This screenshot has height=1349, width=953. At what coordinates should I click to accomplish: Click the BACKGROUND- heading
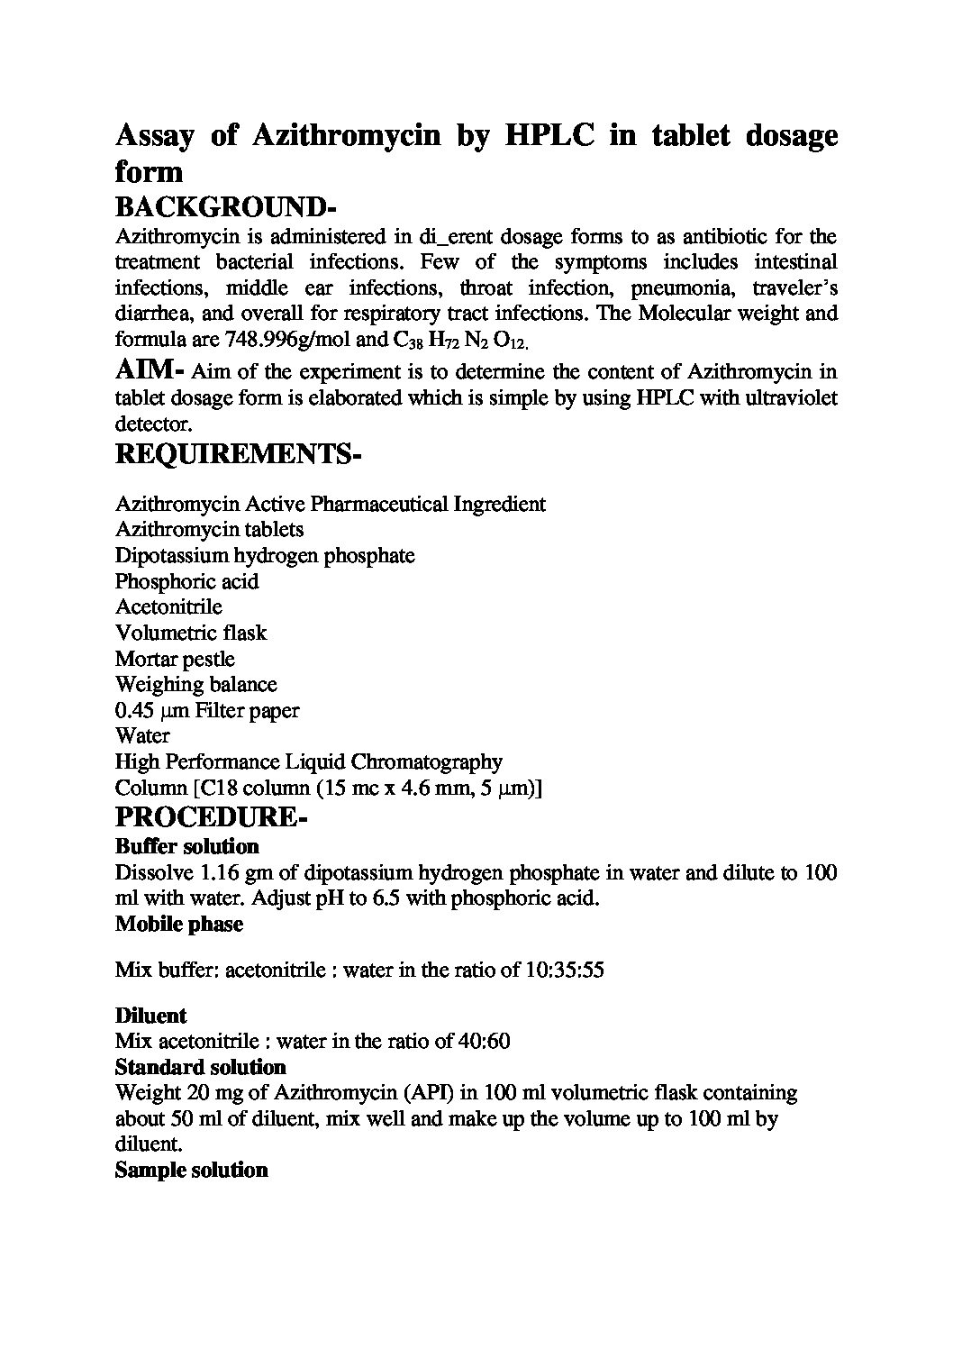(226, 206)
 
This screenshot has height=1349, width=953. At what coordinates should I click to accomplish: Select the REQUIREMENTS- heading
(238, 455)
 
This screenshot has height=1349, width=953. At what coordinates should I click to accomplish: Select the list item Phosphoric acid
(186, 581)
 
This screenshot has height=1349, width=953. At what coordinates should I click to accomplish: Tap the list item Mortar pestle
(175, 659)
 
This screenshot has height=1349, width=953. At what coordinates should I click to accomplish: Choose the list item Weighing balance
(195, 685)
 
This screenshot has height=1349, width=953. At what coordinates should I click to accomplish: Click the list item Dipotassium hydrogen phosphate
(265, 555)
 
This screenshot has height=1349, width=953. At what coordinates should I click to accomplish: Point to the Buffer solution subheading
(186, 846)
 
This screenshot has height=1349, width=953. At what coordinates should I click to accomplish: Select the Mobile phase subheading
(178, 925)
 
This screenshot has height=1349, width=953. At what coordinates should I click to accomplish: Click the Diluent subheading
(150, 1016)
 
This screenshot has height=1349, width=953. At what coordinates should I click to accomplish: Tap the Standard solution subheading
(200, 1068)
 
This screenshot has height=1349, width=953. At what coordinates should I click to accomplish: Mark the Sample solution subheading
(191, 1171)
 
